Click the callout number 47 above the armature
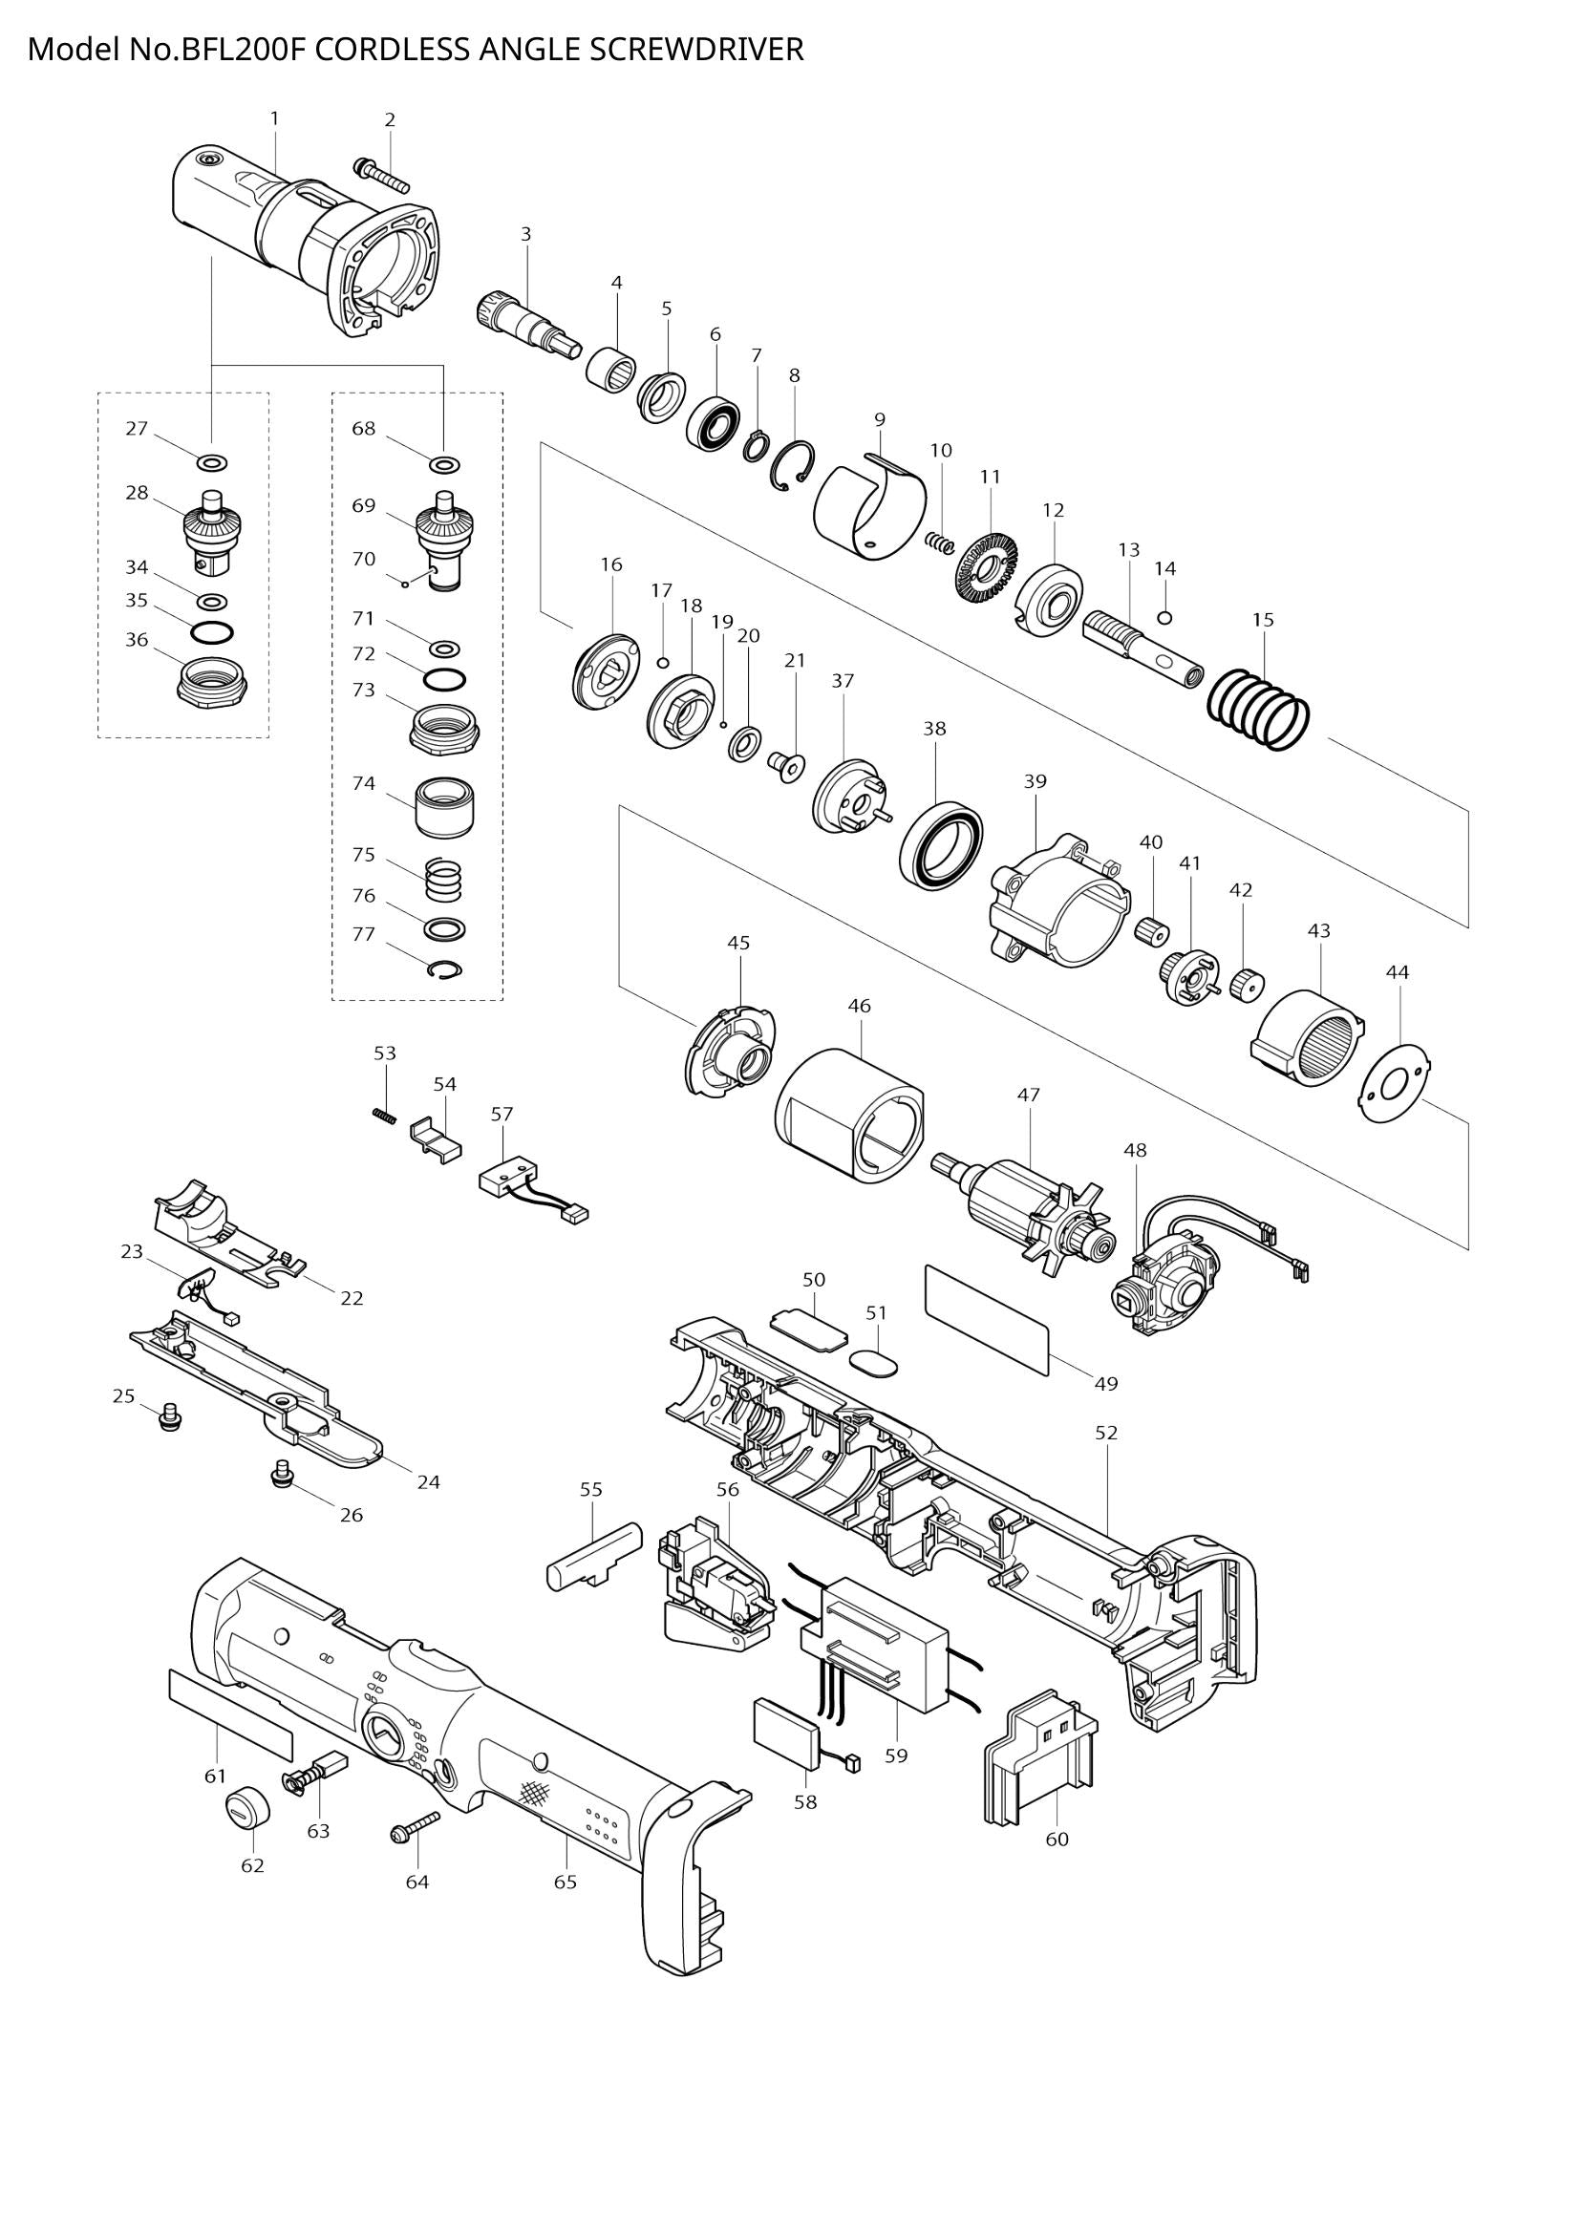1029,1095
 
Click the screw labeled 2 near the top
381,175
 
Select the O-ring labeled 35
212,632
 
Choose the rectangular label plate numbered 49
987,1319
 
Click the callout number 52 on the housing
1106,1433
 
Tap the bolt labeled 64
414,1824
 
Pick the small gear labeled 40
1151,930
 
